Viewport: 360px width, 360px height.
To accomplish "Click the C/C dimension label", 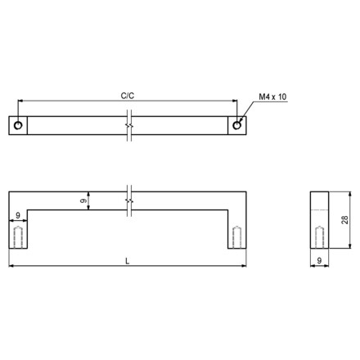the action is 128,96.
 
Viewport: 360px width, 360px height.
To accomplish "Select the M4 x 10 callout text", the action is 272,97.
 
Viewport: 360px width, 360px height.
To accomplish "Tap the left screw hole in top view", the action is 18,125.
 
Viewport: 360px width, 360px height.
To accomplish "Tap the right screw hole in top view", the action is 236,125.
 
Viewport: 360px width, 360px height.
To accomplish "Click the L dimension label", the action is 128,261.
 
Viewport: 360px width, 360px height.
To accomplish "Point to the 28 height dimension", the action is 345,220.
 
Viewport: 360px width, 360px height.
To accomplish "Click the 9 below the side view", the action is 319,260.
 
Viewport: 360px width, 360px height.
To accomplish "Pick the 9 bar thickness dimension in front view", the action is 83,200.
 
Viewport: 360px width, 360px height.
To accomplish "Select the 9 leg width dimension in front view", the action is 18,215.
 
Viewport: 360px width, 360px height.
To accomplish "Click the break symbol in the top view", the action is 129,125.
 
